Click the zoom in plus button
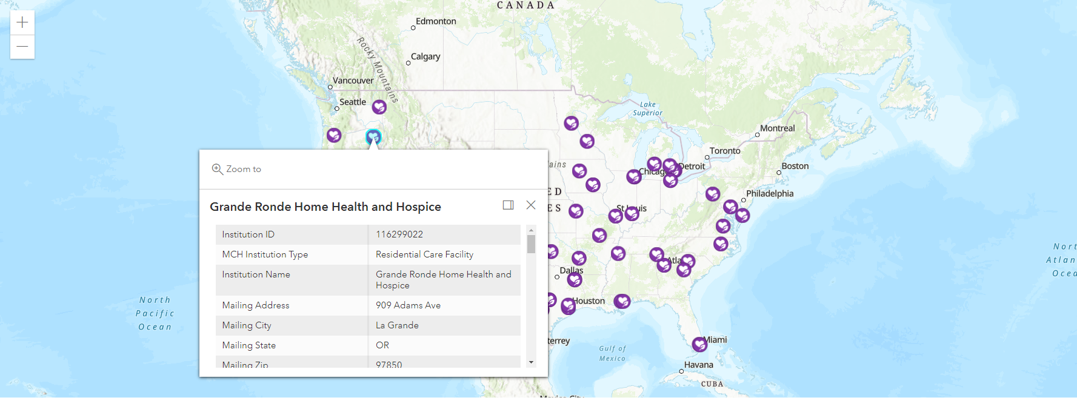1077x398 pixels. (22, 22)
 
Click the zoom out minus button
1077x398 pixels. (22, 47)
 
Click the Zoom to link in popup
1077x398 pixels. (237, 169)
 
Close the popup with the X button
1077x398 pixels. (531, 205)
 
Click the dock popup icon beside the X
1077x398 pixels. (508, 205)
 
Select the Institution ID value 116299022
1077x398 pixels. (399, 234)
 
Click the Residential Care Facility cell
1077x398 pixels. (424, 254)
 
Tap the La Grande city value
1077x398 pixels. (397, 325)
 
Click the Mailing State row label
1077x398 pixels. (249, 345)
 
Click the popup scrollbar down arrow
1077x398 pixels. (532, 362)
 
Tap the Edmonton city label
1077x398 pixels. (436, 21)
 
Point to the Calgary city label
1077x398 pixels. (425, 56)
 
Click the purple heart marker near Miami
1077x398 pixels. (699, 344)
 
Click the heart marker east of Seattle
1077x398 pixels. (379, 107)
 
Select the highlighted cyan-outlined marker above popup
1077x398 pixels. (373, 137)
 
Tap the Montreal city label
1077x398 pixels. (777, 128)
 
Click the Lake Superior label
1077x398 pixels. (647, 108)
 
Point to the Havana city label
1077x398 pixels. (698, 365)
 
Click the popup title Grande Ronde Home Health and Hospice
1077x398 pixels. (325, 207)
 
